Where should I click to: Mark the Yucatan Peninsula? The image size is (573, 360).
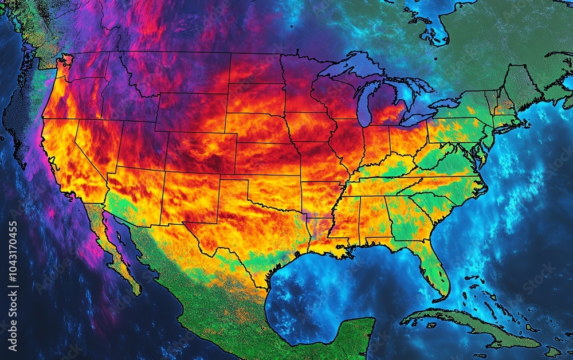click(350, 332)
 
